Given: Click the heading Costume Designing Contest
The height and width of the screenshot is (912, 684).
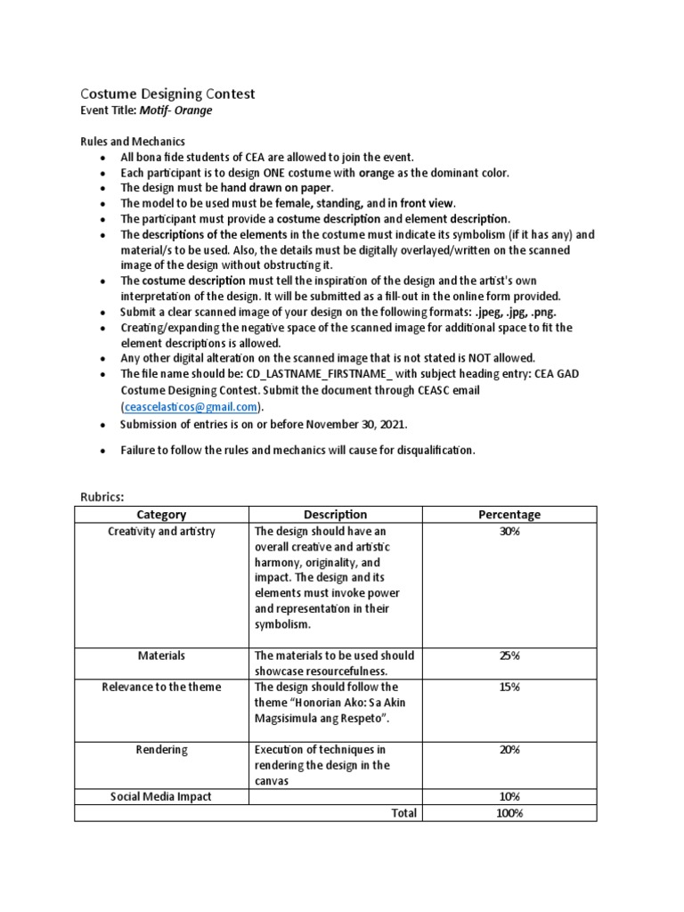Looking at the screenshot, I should click(167, 94).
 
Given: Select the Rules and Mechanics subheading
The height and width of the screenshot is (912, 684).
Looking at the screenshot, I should click(133, 142).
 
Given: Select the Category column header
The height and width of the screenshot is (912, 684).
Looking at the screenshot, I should click(161, 515).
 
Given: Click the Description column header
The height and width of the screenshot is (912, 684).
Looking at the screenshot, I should click(335, 515).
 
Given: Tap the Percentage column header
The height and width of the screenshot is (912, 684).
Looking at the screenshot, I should click(509, 515).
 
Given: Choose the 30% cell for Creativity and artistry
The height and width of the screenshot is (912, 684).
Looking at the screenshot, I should click(509, 532).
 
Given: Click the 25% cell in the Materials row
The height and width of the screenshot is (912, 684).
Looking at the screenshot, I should click(509, 655).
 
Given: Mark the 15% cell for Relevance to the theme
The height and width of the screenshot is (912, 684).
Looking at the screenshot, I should click(509, 688).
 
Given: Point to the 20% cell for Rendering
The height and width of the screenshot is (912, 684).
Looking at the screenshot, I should click(509, 750).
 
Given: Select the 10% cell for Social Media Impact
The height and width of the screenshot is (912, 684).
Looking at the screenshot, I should click(509, 797).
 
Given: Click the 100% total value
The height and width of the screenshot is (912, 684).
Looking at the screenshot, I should click(509, 813).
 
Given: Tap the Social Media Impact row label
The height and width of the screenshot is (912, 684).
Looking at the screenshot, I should click(161, 797).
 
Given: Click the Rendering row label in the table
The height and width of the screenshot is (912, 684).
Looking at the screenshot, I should click(161, 750).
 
